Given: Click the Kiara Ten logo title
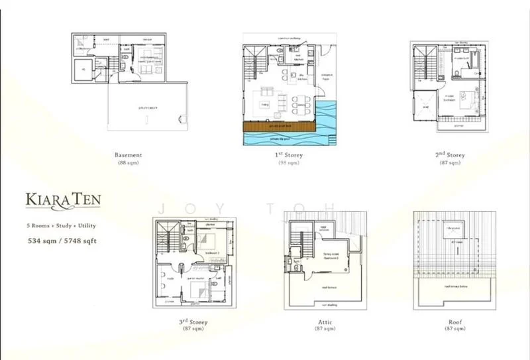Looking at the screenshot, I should pos(63,200).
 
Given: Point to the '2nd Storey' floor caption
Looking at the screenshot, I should pos(450,155).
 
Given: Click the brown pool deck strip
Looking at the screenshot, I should pos(278,125).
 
